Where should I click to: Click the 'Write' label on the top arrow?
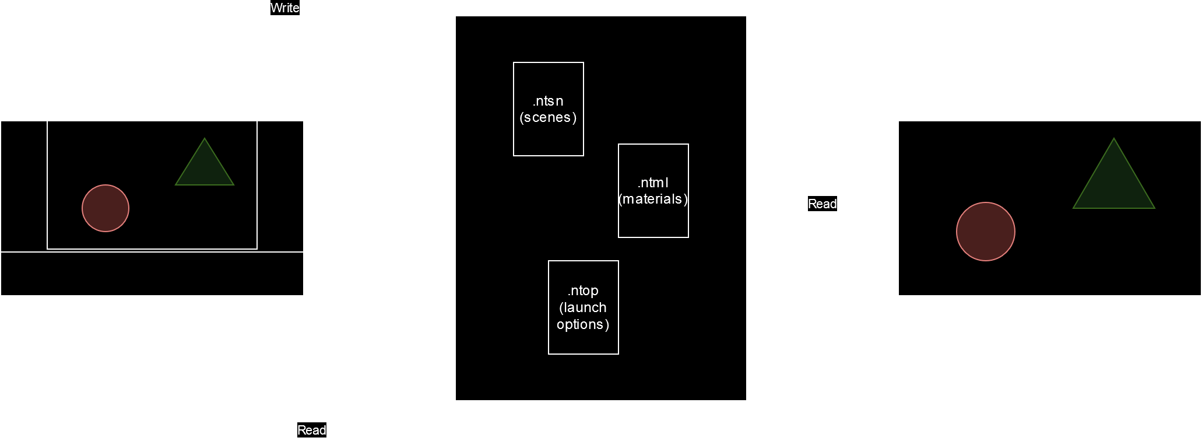tap(284, 8)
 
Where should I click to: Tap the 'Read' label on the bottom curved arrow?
tap(312, 430)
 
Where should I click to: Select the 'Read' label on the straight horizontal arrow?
tap(822, 204)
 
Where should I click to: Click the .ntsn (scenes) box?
tap(548, 109)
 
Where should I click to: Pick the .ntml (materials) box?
tap(653, 191)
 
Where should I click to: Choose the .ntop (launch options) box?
tap(583, 307)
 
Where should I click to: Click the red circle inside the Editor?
tap(106, 208)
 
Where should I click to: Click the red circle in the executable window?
tap(985, 232)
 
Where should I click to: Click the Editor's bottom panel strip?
tap(152, 274)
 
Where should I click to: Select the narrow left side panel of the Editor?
tap(24, 186)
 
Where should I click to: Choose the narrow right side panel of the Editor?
tap(280, 186)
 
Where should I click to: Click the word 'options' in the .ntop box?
tap(583, 324)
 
